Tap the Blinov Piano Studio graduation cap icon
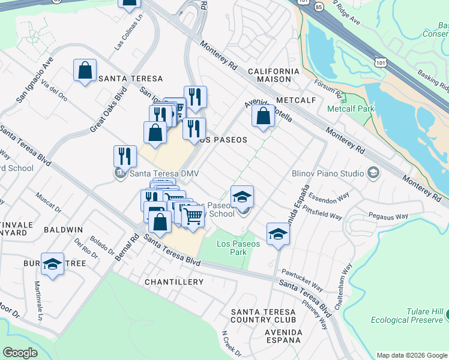click(373, 173)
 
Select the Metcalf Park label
click(350, 109)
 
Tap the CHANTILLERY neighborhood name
click(174, 281)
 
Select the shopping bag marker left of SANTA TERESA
click(85, 70)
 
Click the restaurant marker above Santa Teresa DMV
click(125, 156)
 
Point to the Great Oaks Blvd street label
click(105, 115)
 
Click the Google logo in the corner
click(20, 353)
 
